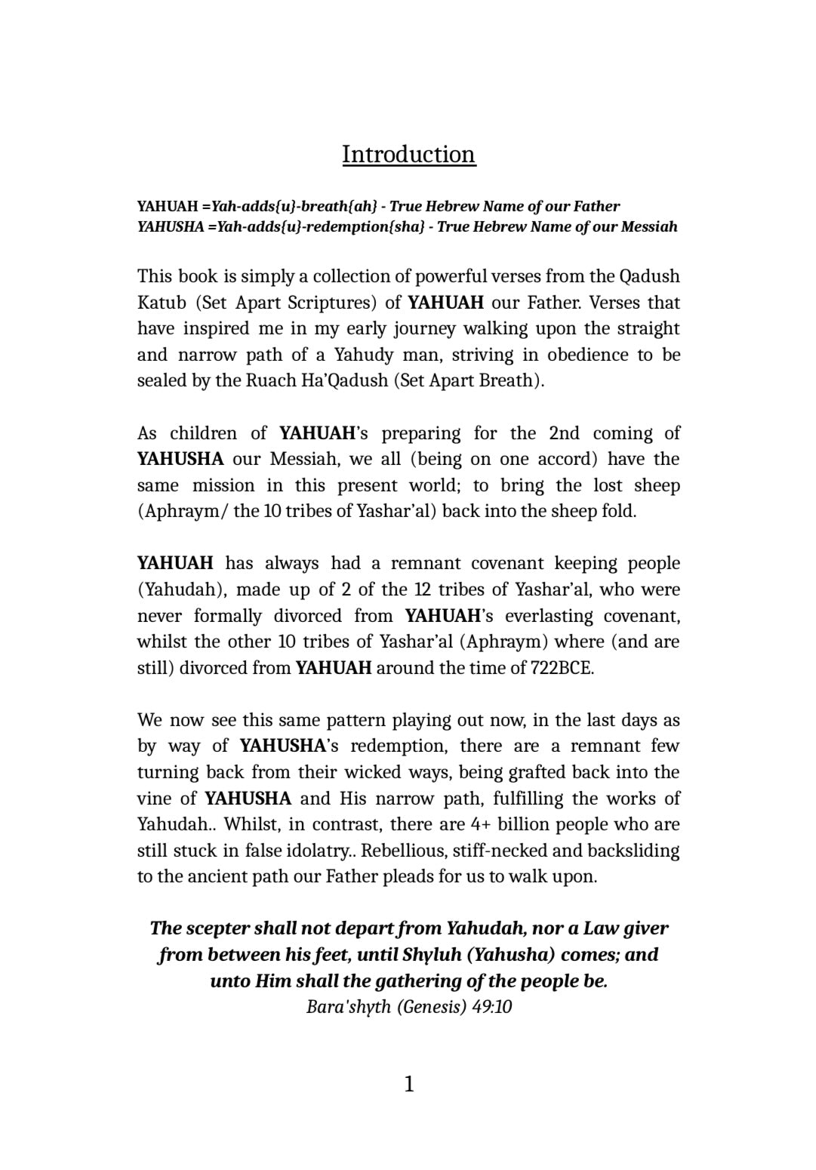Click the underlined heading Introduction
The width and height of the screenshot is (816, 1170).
click(408, 154)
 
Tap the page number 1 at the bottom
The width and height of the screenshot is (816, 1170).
click(408, 1085)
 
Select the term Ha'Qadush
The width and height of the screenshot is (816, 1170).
click(343, 380)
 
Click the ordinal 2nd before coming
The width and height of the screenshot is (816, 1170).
click(564, 433)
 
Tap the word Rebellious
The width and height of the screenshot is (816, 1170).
click(406, 851)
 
